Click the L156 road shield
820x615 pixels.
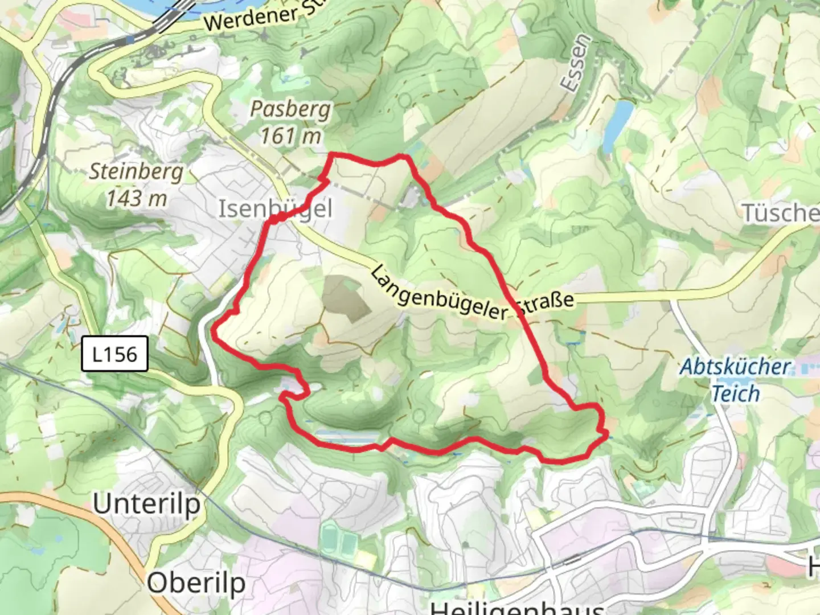pos(114,354)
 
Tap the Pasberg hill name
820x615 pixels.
pos(290,109)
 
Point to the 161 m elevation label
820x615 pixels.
pos(290,136)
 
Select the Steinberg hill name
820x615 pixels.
pos(136,171)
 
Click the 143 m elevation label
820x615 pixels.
pos(137,198)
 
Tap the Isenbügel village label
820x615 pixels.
pos(276,209)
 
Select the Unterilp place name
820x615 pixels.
pos(147,504)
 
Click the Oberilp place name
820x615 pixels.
pos(196,583)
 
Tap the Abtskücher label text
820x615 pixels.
pos(736,367)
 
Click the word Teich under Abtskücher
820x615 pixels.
pos(736,393)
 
